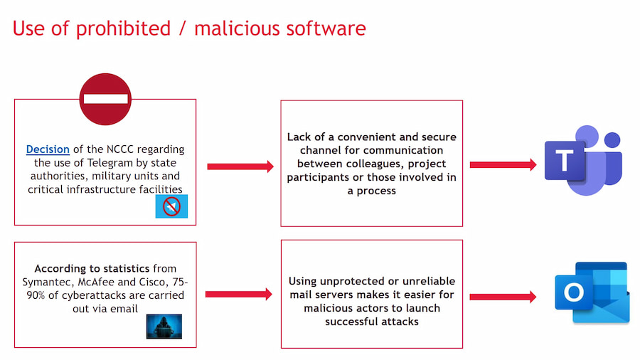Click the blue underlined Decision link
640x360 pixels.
coord(48,149)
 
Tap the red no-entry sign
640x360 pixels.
coord(105,99)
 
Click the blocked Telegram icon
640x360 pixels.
coord(171,206)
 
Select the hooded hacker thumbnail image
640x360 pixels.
coord(164,326)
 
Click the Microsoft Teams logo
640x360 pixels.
coord(583,160)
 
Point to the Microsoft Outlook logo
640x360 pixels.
coord(592,292)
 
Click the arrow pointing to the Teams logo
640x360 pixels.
coord(503,164)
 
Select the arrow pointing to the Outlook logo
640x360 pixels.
coord(503,297)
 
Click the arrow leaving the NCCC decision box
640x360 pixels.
coord(240,166)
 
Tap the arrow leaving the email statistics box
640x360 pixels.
coord(239,295)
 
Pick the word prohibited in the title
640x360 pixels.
coord(123,28)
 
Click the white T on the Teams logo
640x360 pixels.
coord(565,160)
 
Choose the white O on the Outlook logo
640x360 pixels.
coord(574,292)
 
